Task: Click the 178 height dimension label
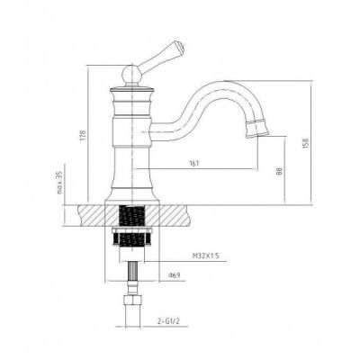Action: point(84,135)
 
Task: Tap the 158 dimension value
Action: point(306,143)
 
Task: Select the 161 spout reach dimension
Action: point(194,164)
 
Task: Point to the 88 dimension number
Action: point(279,171)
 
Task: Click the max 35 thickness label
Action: point(59,183)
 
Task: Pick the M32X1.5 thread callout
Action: point(206,256)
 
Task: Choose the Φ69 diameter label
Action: point(175,275)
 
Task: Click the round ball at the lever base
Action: point(131,74)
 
